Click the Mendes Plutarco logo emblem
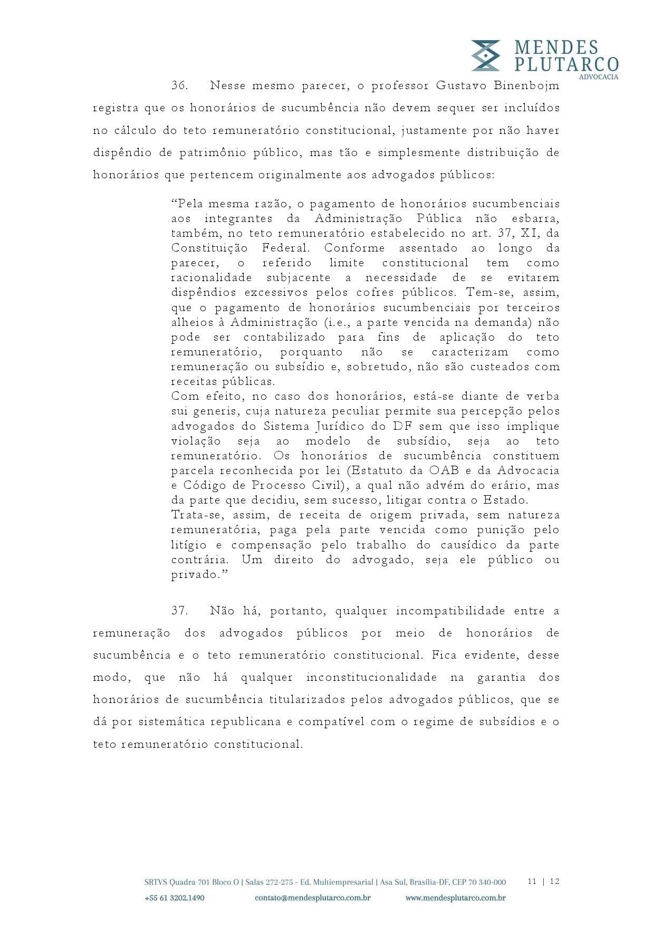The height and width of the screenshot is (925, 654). pos(485,55)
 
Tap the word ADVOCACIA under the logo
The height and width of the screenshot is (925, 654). pos(599,77)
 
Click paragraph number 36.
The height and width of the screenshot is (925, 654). pos(180,85)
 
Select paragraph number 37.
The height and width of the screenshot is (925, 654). pos(180,611)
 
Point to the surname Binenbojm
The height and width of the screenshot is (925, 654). pos(526,85)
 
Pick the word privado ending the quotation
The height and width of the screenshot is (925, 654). pos(195,574)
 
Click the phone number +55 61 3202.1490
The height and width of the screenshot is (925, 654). pos(174,898)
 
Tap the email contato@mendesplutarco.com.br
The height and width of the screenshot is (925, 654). pos(313,898)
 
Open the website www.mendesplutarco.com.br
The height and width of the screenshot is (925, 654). pos(456,898)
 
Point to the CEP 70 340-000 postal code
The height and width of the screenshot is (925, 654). pos(480,882)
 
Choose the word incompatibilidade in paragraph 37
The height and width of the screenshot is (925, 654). pos(450,611)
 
